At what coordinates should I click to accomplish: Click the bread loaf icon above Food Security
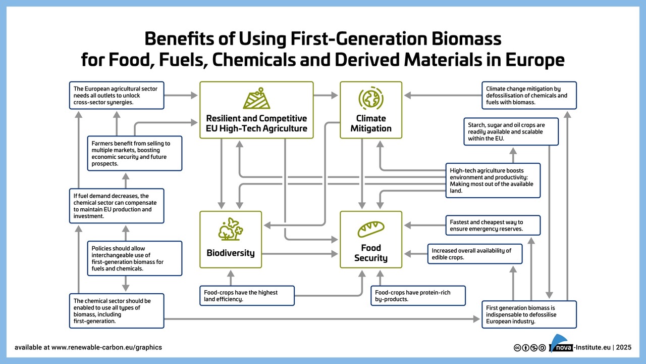click(x=371, y=229)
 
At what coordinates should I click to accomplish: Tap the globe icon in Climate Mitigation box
click(x=371, y=98)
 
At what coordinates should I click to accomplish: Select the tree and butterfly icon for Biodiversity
click(x=231, y=229)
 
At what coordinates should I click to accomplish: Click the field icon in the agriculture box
click(x=256, y=99)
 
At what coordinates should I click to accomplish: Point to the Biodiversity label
click(x=231, y=253)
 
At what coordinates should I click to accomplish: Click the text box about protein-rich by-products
click(x=418, y=296)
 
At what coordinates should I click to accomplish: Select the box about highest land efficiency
click(x=247, y=296)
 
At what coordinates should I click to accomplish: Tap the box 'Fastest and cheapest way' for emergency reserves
click(x=493, y=225)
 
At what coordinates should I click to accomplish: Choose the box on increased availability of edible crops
click(x=474, y=254)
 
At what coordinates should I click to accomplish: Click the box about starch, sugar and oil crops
click(x=511, y=131)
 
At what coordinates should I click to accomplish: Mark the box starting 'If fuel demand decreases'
click(x=117, y=206)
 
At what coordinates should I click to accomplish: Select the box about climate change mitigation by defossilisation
click(x=528, y=95)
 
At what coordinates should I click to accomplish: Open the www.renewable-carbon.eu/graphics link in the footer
click(x=106, y=347)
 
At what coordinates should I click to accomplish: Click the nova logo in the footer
click(x=560, y=344)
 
